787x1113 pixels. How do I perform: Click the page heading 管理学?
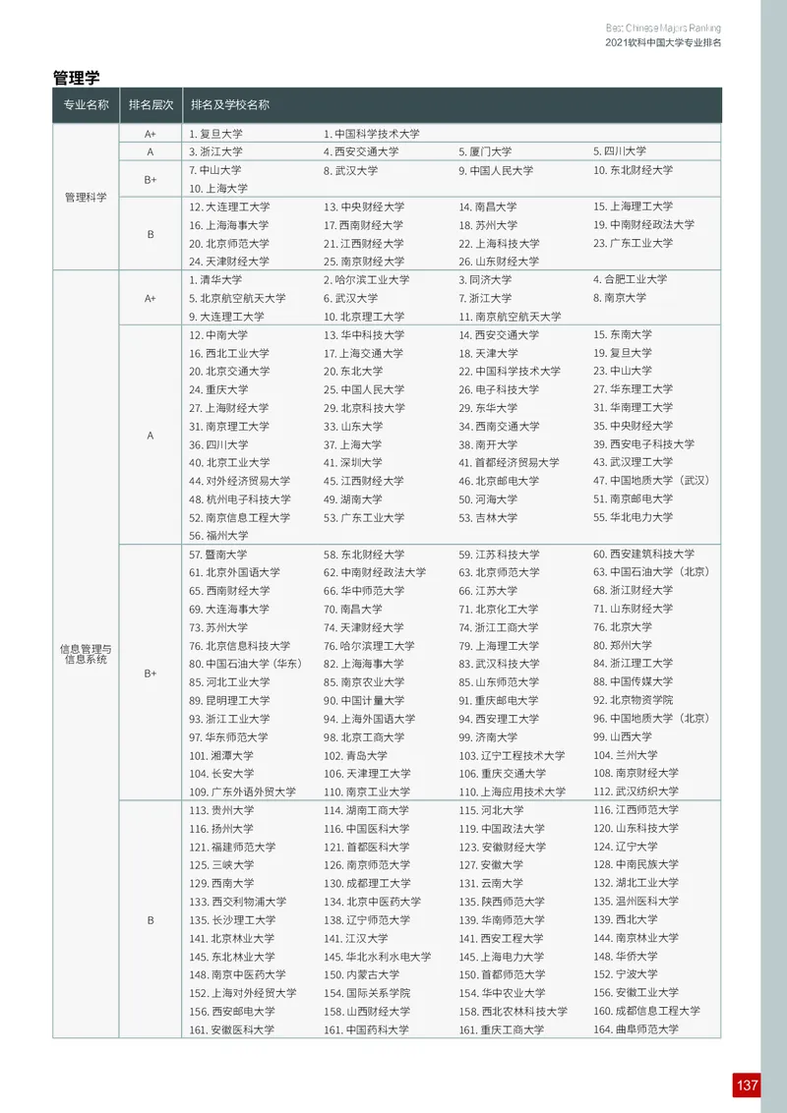point(76,77)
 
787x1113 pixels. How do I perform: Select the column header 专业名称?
point(86,105)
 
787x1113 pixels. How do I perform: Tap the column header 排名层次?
point(151,105)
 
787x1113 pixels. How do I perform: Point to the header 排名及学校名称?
point(230,105)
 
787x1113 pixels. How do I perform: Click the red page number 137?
point(747,1084)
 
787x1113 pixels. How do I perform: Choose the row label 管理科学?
point(86,198)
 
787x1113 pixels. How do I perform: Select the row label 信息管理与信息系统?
point(86,654)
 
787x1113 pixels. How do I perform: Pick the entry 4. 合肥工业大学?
point(630,280)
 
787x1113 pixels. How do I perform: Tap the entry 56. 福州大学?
point(218,536)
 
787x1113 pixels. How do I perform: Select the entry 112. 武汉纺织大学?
point(636,791)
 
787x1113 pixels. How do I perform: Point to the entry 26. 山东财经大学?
point(499,262)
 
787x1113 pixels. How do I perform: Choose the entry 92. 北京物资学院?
point(633,700)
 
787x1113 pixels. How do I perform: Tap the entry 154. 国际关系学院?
point(367,993)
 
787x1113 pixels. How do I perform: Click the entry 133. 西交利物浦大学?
point(237,902)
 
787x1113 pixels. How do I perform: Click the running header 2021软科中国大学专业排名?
point(662,43)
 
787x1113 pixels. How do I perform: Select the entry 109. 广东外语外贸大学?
point(242,791)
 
